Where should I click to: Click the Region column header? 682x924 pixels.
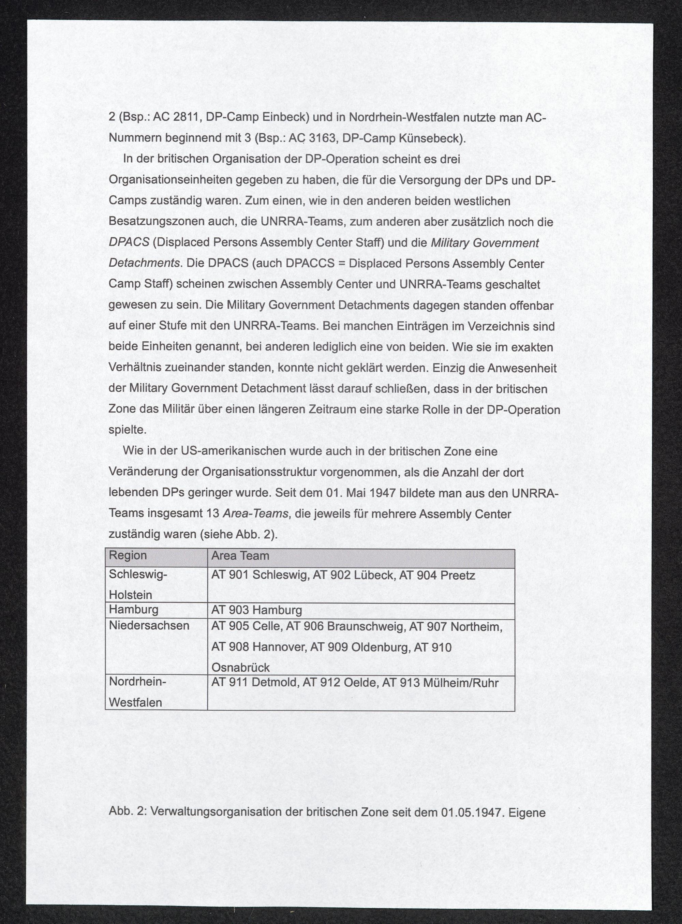pyautogui.click(x=128, y=555)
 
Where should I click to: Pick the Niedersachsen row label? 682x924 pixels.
pyautogui.click(x=149, y=625)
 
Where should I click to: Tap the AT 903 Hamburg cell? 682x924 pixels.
pyautogui.click(x=256, y=610)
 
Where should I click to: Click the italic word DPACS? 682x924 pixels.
pyautogui.click(x=129, y=242)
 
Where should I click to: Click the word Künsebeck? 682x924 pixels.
pyautogui.click(x=431, y=138)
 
